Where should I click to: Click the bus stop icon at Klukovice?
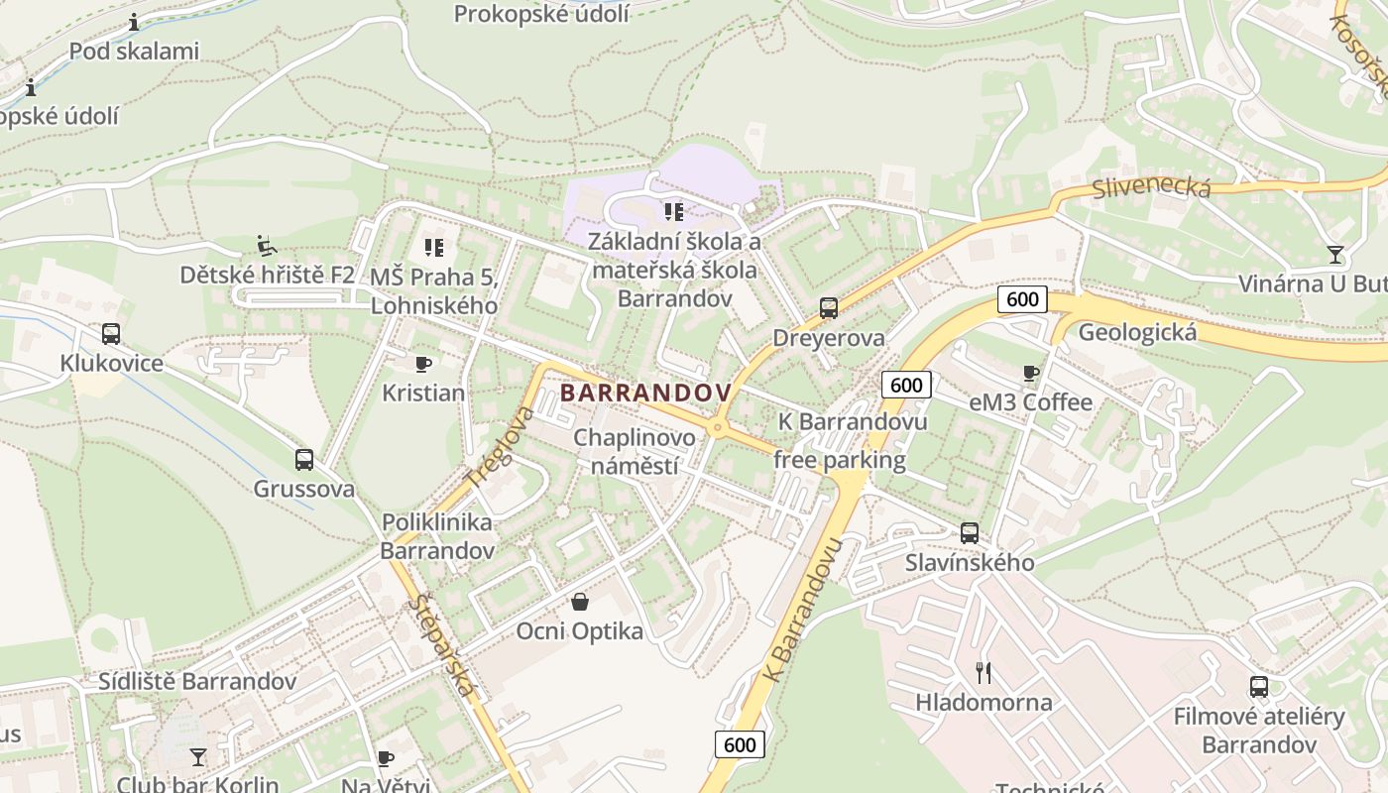pos(110,334)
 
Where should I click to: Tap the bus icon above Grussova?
pos(304,460)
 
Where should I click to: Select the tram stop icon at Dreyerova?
pos(829,308)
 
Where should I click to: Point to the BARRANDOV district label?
pos(645,393)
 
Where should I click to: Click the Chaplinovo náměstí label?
pos(634,451)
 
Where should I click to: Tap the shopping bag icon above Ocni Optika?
pos(580,602)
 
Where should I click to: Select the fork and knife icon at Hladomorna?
pos(983,673)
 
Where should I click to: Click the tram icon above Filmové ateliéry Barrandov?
pos(1259,687)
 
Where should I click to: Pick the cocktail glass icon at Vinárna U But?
pos(1335,255)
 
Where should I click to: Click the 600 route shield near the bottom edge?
pos(740,744)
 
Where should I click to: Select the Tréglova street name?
pos(501,446)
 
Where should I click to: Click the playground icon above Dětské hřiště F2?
pos(266,244)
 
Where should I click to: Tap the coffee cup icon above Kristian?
pos(423,364)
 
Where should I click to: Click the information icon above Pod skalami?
pos(134,22)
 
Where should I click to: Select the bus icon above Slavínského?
pos(970,533)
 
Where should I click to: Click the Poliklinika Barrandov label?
pos(436,535)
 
